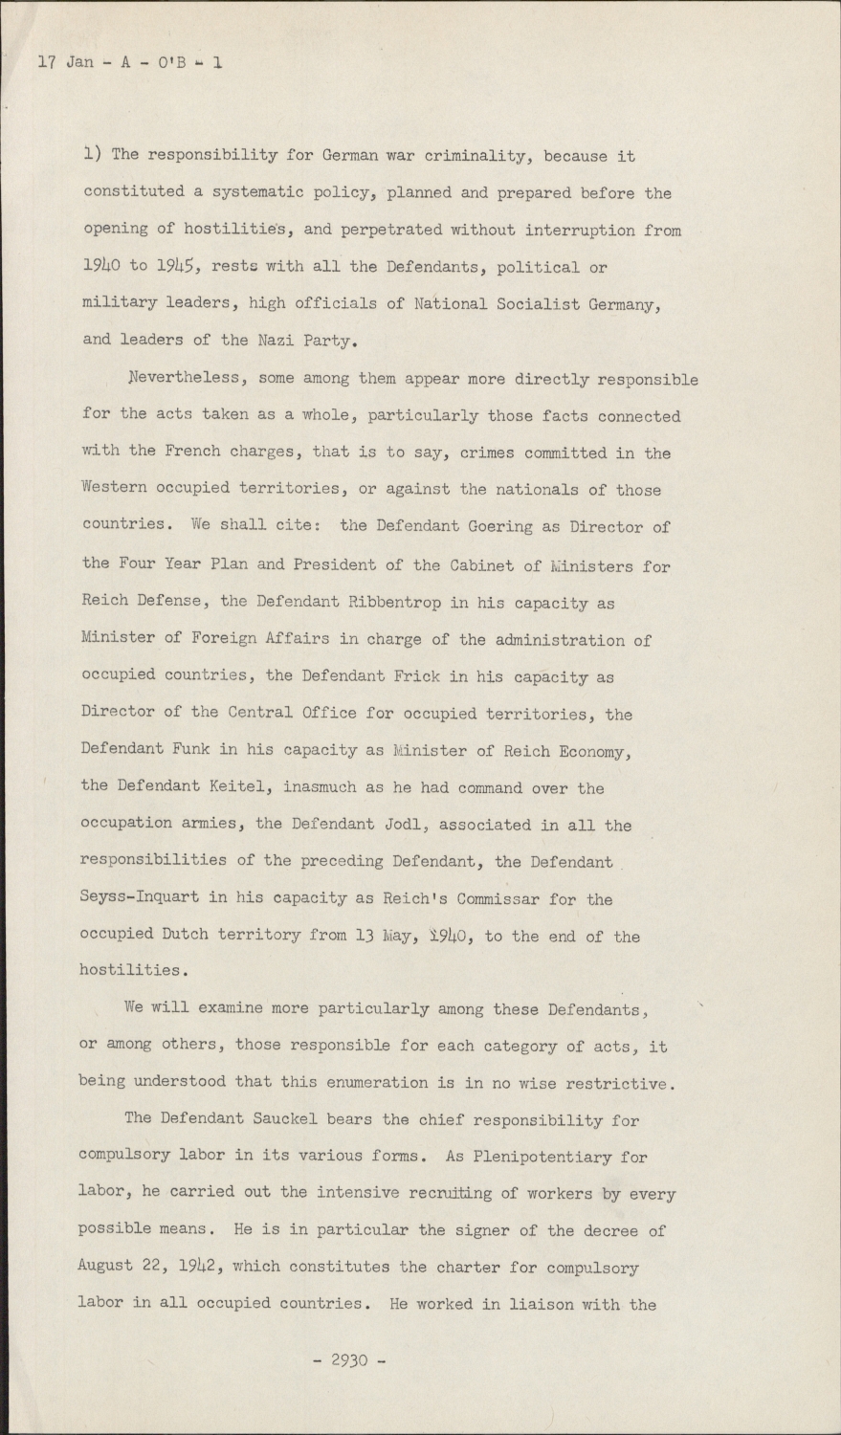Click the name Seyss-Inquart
pos(141,898)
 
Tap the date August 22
pos(119,1266)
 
